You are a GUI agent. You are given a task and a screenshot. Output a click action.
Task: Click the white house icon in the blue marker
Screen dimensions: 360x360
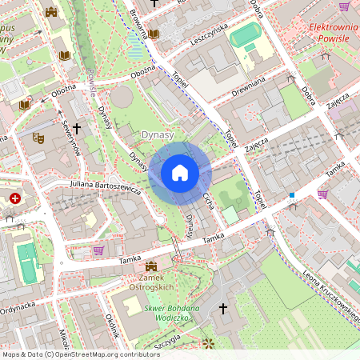coord(180,173)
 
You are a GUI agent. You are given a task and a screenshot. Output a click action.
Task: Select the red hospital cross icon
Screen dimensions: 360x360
coord(15,198)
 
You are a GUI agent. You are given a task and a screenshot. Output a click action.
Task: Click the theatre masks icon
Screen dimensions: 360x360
coord(38,138)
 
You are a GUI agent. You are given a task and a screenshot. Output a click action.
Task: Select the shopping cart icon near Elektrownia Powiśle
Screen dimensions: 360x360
coord(344,6)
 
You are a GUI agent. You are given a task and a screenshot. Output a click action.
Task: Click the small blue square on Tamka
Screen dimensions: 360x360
coord(292,194)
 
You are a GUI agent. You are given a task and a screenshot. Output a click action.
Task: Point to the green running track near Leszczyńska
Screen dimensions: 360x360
coord(245,34)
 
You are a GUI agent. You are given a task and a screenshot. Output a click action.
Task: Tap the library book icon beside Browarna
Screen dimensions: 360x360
coord(154,34)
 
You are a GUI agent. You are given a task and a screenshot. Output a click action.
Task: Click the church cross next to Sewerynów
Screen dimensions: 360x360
coord(77,128)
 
